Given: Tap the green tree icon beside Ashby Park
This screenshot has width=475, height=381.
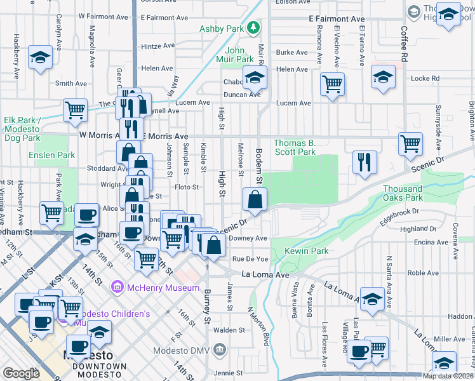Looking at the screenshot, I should [253, 27].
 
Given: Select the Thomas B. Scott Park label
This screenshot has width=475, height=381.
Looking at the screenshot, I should [295, 147].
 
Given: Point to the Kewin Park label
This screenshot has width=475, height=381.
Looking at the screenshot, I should [306, 251].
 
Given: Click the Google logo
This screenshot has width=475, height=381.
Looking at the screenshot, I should [21, 373].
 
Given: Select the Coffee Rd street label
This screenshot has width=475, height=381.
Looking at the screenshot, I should [403, 43].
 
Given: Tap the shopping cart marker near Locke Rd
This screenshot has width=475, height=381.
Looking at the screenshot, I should [332, 84].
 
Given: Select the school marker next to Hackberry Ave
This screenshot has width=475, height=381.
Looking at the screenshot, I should [40, 58].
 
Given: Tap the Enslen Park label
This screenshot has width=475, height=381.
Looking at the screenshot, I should [51, 155].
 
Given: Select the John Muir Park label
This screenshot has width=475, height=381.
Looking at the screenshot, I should [235, 55].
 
